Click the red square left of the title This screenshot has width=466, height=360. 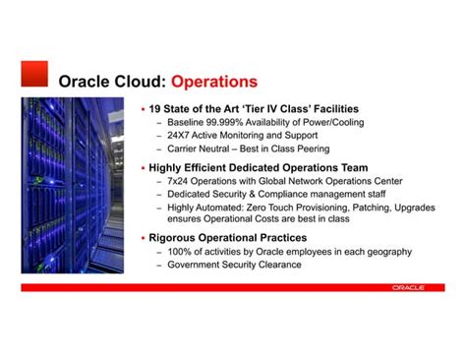point(34,74)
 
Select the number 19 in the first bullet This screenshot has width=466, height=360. point(155,108)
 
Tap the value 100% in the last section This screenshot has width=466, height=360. point(184,252)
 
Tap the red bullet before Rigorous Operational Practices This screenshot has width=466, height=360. point(144,238)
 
